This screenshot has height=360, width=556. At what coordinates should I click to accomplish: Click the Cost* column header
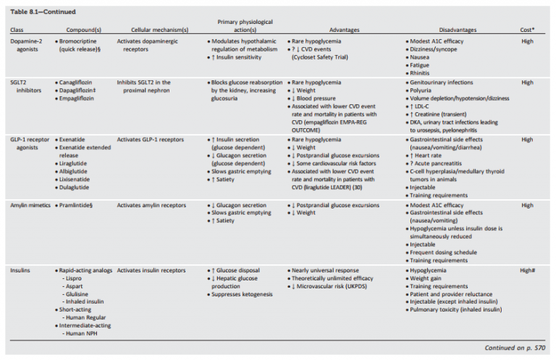click(528, 30)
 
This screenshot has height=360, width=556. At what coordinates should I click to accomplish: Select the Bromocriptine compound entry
click(83, 41)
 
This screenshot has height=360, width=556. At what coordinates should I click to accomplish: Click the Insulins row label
click(21, 270)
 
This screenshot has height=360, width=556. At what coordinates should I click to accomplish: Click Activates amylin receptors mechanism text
click(153, 205)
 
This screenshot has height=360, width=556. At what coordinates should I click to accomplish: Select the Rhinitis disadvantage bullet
click(426, 73)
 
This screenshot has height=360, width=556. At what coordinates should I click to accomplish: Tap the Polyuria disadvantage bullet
click(426, 91)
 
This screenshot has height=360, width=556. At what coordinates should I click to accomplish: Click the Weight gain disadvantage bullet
click(430, 278)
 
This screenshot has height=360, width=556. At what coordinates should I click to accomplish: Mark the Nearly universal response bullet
click(325, 270)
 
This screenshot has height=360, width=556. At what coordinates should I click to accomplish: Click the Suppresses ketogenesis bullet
click(242, 295)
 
